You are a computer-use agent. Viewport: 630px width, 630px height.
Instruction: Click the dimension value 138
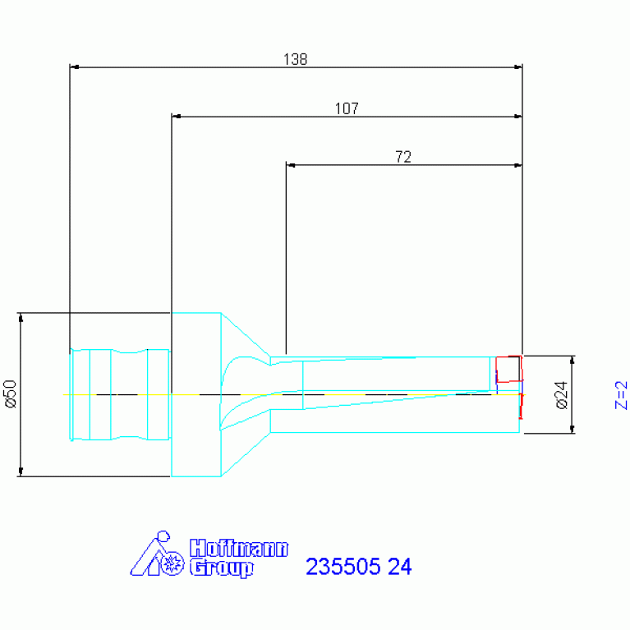(x=296, y=59)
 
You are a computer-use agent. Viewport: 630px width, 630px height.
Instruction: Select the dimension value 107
(x=347, y=108)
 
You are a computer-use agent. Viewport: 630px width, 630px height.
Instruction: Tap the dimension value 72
(x=403, y=157)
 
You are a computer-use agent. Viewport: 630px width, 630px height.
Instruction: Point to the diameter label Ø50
(x=11, y=394)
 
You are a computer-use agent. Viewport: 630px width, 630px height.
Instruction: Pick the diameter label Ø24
(x=562, y=395)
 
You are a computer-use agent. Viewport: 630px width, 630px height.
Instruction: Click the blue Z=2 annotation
(x=621, y=395)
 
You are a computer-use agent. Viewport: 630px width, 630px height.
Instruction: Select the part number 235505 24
(x=359, y=567)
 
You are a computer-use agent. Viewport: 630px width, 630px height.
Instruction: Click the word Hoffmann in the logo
(x=239, y=549)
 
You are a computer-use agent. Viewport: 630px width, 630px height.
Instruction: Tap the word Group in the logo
(x=222, y=568)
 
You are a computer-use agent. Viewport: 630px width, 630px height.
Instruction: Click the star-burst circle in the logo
(x=172, y=563)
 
